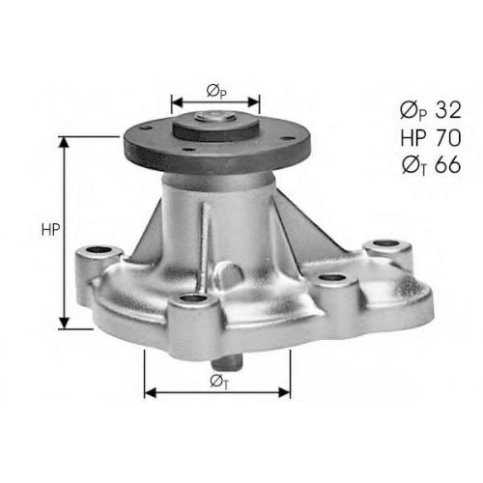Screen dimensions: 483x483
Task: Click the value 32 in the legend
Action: (448, 110)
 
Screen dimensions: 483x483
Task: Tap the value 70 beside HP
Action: (448, 138)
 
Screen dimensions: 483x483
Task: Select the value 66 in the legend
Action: (448, 165)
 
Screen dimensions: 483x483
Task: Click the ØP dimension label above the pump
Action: (216, 91)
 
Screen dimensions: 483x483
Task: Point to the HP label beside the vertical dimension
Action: (51, 230)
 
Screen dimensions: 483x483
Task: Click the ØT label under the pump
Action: (219, 382)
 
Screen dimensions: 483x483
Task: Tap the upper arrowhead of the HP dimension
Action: (65, 143)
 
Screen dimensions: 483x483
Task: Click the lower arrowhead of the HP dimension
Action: (65, 323)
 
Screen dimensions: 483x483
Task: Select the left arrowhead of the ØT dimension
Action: (151, 392)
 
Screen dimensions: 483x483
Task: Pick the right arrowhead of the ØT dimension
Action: (284, 392)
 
